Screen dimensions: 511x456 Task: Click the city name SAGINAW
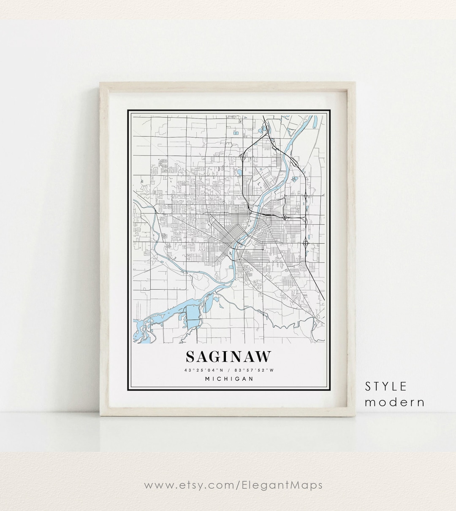click(x=228, y=357)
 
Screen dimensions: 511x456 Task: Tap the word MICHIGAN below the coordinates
click(x=229, y=379)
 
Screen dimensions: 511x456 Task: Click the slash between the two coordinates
click(x=228, y=370)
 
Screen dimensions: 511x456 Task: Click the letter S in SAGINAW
click(x=191, y=357)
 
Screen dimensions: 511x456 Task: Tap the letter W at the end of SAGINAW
click(x=263, y=357)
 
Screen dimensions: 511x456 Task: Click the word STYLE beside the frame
click(x=386, y=386)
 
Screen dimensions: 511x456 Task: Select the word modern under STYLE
click(x=395, y=402)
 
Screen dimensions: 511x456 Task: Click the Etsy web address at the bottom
click(x=233, y=485)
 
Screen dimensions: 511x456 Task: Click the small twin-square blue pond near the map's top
click(x=235, y=133)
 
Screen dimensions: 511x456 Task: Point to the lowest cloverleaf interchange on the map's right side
click(x=306, y=243)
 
